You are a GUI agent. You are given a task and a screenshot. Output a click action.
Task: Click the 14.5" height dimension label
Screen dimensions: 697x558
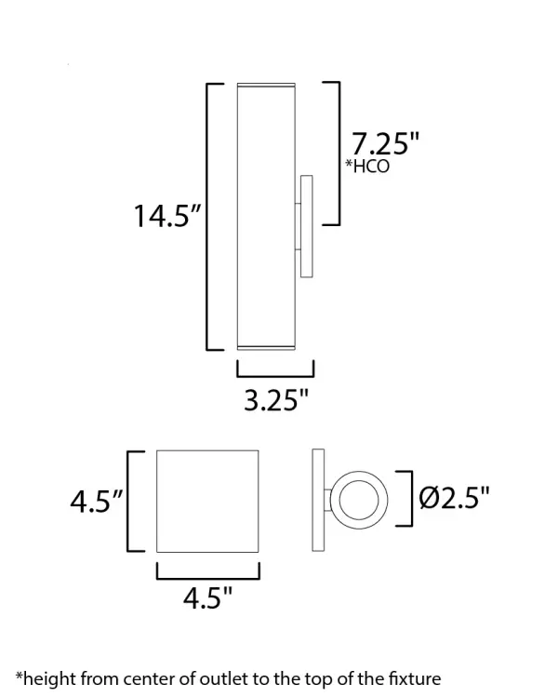168,218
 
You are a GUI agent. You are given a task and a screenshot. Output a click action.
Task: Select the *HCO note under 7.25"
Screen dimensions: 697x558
367,168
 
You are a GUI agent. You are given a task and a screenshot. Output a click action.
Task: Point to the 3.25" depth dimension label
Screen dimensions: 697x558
275,401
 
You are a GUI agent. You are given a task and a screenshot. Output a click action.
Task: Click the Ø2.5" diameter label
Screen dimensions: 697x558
454,499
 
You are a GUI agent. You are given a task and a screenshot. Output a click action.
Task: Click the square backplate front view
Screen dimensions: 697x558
206,501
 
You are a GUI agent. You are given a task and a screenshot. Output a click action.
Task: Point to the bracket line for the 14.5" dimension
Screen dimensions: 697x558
207,217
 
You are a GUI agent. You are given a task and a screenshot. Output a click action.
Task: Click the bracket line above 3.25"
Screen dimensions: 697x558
275,369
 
